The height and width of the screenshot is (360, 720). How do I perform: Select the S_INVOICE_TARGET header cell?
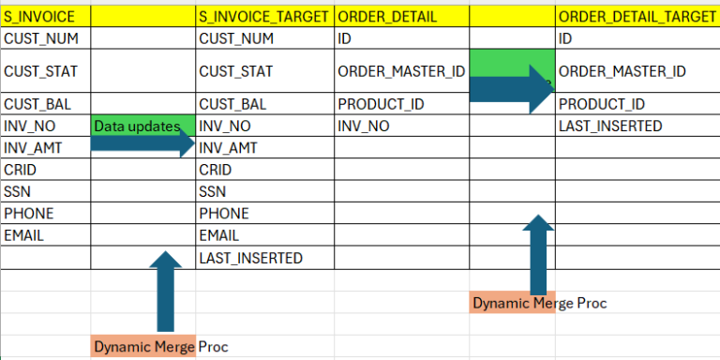click(263, 16)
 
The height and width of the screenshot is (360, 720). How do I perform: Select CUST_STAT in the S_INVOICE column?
click(40, 71)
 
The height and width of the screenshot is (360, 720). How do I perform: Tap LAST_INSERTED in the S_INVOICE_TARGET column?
click(250, 258)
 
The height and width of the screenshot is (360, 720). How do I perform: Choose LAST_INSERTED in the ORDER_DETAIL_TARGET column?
click(609, 126)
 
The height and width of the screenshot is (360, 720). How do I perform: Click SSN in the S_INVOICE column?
click(18, 191)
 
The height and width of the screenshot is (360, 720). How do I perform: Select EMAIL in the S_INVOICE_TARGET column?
click(218, 235)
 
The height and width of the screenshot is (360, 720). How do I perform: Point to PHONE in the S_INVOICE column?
click(29, 214)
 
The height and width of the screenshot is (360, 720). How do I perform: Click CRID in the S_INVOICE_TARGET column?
click(215, 170)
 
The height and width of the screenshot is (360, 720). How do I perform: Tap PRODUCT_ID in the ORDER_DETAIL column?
click(381, 104)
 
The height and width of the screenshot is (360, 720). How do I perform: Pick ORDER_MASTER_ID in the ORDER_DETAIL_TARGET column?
click(622, 71)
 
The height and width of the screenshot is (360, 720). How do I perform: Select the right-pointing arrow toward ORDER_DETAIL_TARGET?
click(512, 86)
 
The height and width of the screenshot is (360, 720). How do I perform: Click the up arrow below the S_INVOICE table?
click(165, 291)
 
